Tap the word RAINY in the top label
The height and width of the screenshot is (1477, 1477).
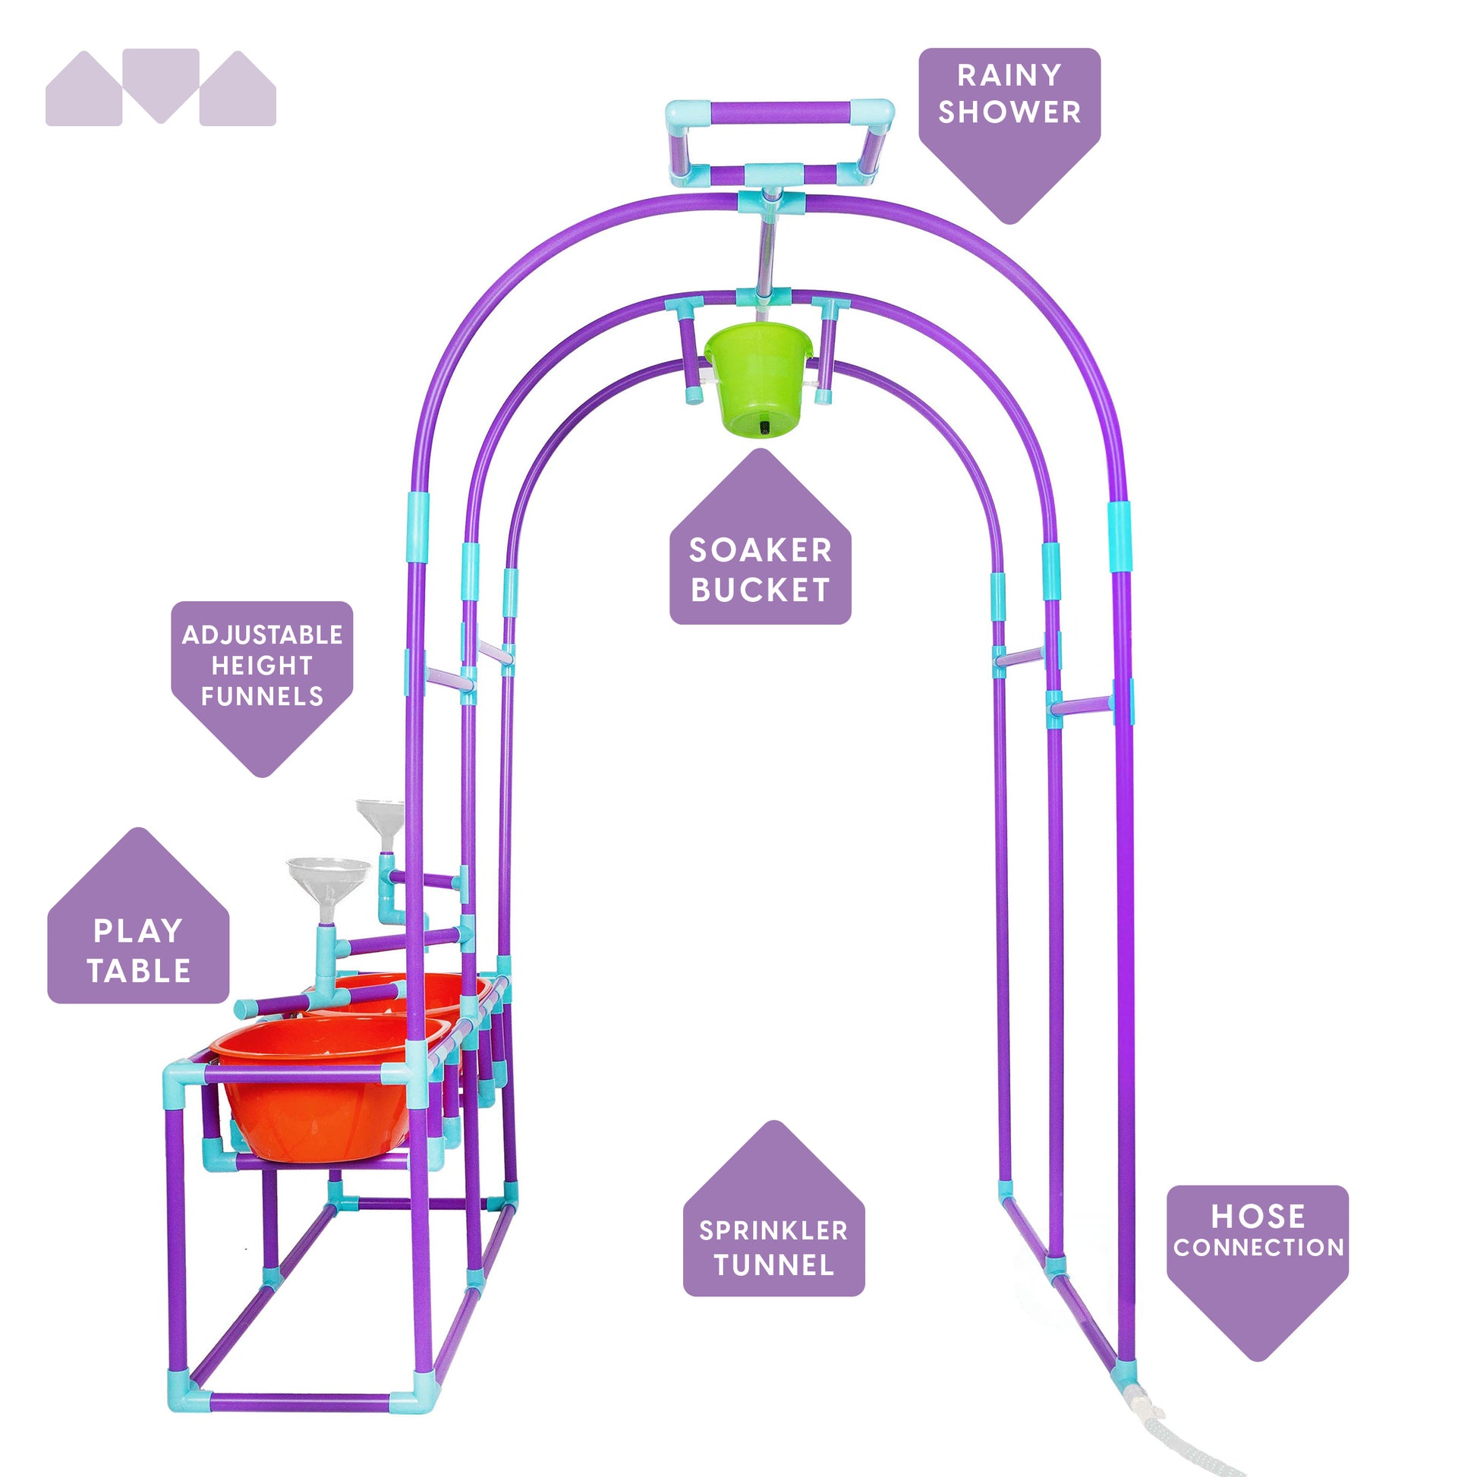click(x=1009, y=75)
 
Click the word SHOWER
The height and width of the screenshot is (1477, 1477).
click(x=1009, y=112)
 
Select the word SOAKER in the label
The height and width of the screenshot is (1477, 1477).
click(x=760, y=550)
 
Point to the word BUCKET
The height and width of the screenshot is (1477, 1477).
click(x=760, y=590)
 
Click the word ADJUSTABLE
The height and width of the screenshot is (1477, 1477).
click(x=262, y=635)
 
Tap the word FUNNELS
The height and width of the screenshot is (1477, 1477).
click(x=262, y=697)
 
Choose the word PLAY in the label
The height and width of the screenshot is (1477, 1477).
click(x=137, y=931)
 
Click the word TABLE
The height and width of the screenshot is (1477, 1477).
click(x=138, y=971)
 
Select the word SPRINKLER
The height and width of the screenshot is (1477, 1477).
click(x=773, y=1231)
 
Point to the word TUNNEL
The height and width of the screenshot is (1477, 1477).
click(x=773, y=1265)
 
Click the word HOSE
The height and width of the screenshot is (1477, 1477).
click(x=1258, y=1217)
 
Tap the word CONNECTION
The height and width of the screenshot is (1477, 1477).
click(x=1258, y=1248)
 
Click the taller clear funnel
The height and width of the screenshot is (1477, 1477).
click(x=381, y=818)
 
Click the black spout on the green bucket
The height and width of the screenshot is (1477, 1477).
click(x=764, y=427)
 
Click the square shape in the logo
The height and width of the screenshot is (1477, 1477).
click(x=161, y=77)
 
